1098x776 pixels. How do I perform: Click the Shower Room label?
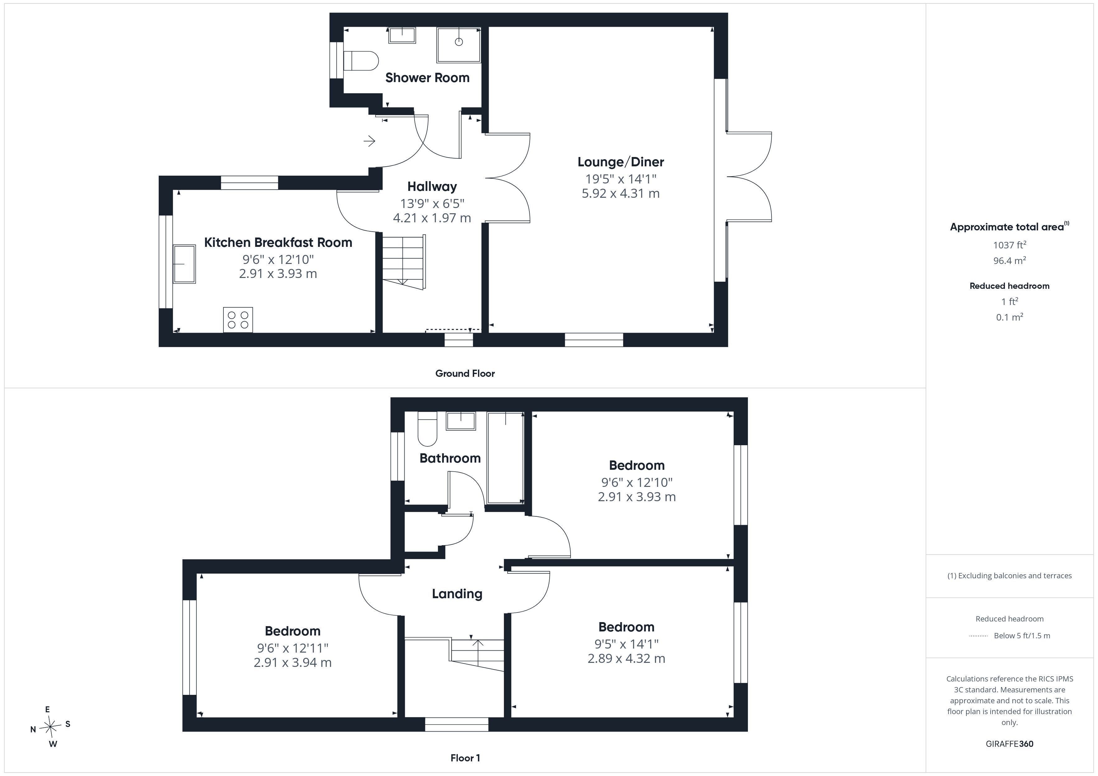pos(427,77)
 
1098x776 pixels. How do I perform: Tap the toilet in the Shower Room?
pos(361,61)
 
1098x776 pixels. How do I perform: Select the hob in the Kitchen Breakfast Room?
pos(238,320)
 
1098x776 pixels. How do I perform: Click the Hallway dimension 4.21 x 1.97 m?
pos(432,218)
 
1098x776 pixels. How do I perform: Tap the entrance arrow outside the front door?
pos(369,141)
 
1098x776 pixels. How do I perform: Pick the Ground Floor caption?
pos(465,373)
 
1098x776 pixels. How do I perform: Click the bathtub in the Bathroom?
pos(505,458)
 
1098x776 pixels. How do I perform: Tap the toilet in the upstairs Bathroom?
pos(428,429)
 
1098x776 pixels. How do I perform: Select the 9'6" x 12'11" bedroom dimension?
pos(293,648)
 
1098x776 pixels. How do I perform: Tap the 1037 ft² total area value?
pos(1010,245)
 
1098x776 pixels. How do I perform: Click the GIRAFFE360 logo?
pos(1010,744)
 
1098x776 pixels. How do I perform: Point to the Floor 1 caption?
pos(465,758)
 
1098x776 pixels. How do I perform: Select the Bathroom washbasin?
pos(461,421)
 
